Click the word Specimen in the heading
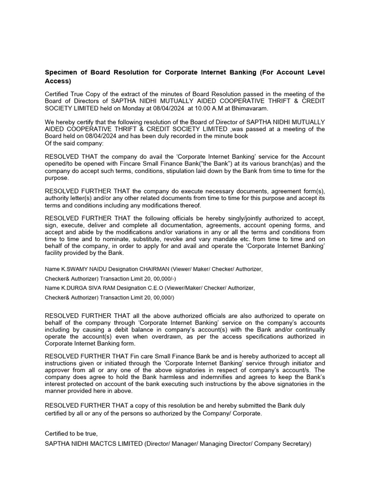coord(61,73)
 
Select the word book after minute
coord(240,136)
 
